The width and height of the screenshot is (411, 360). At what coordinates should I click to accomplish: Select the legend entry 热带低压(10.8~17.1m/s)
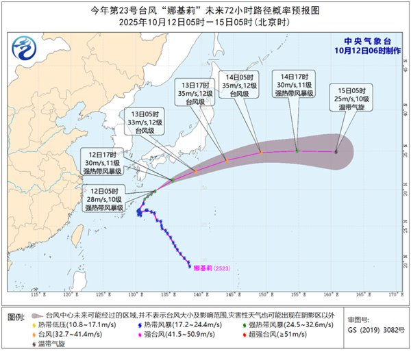(x=68, y=324)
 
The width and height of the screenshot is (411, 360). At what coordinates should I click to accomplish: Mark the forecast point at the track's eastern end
(x=336, y=152)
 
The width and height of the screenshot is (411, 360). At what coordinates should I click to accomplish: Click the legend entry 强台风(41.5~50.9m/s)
(x=177, y=335)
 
